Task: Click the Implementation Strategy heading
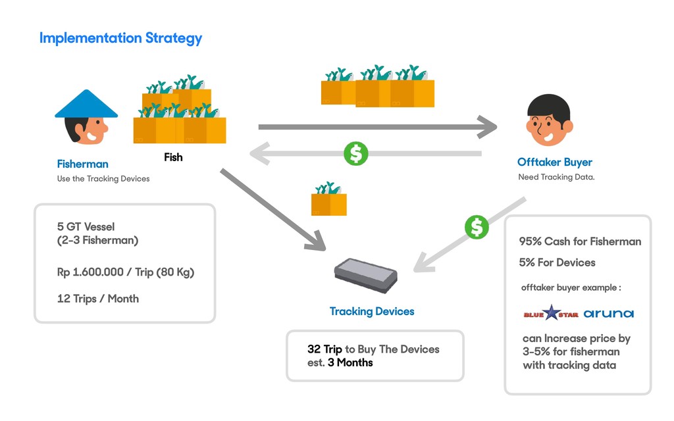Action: click(x=120, y=37)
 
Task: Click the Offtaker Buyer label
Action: click(x=554, y=162)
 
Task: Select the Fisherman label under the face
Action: click(x=82, y=164)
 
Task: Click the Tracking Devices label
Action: click(x=372, y=311)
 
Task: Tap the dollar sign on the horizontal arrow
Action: click(x=356, y=154)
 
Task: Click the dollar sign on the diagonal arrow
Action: click(x=477, y=227)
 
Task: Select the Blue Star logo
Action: click(x=551, y=314)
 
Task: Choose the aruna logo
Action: click(x=609, y=313)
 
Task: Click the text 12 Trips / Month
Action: click(x=98, y=299)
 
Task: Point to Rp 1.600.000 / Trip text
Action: click(x=125, y=272)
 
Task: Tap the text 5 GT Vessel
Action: click(x=86, y=227)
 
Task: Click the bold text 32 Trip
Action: click(x=324, y=349)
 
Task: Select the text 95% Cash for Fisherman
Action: click(x=580, y=241)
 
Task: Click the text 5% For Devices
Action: click(x=557, y=262)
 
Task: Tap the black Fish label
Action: click(x=173, y=157)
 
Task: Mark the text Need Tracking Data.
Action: click(x=556, y=177)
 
